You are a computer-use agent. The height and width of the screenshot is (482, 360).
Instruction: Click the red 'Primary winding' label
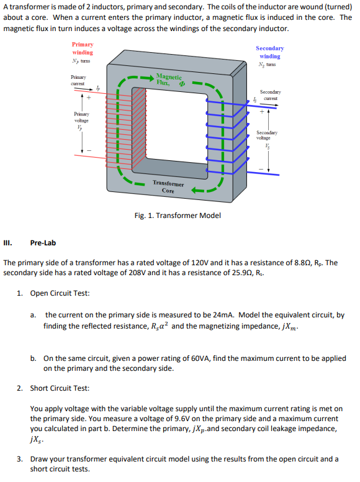click(83, 48)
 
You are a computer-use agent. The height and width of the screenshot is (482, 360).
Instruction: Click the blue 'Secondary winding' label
click(269, 52)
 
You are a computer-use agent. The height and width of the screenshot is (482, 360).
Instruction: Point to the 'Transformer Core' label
click(168, 187)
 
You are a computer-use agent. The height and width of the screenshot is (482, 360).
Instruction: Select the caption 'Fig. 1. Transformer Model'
click(177, 216)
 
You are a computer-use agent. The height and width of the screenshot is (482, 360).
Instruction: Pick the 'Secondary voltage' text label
click(268, 135)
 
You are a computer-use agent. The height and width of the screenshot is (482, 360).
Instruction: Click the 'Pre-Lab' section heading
click(43, 243)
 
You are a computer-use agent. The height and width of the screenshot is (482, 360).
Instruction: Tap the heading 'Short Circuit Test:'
click(60, 388)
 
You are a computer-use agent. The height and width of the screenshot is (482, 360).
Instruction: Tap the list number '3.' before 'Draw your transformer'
click(20, 459)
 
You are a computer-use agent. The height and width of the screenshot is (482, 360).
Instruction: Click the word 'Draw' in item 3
click(40, 459)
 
